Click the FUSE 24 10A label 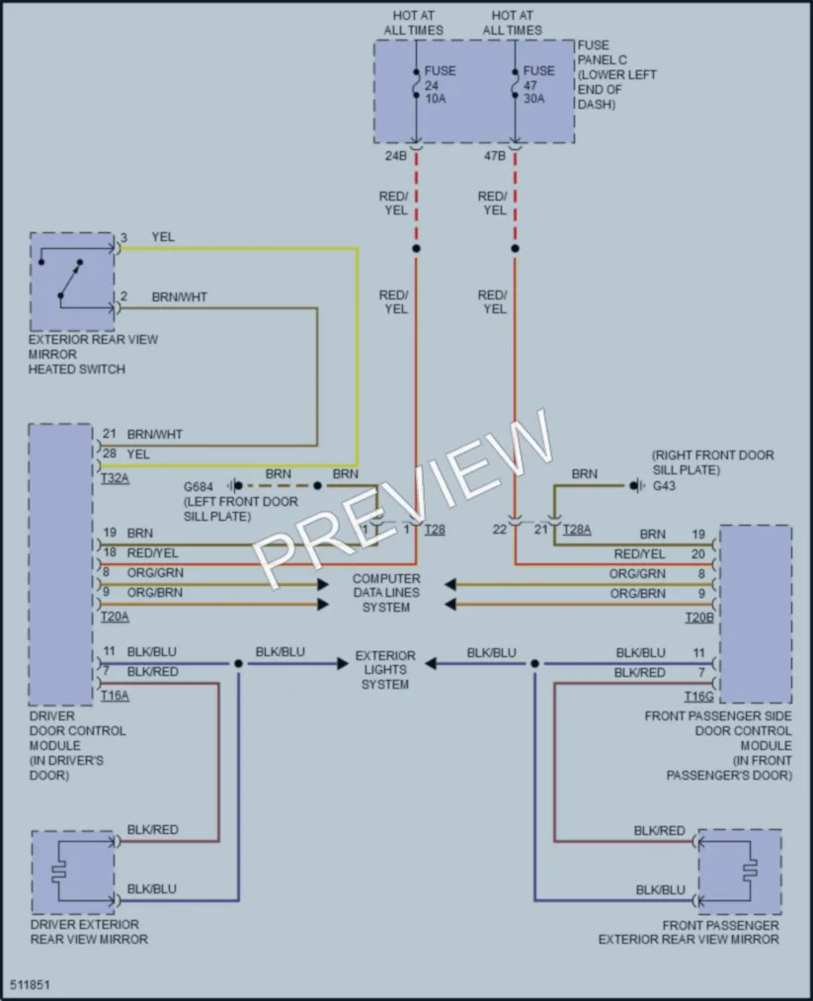441,84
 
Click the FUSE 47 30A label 539,84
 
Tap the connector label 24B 396,156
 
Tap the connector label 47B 495,156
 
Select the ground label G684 199,486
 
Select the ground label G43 664,486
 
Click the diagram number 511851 30,984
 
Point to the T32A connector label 115,477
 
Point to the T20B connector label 699,618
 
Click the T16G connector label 699,696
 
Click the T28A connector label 577,530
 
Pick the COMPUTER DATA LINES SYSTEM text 386,593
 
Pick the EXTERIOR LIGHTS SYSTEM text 385,670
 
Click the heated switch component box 72,282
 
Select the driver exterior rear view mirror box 73,872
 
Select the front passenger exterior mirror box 740,872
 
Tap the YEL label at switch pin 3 163,237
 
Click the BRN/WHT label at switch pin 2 180,296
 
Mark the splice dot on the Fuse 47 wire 515,248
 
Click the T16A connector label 115,696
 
